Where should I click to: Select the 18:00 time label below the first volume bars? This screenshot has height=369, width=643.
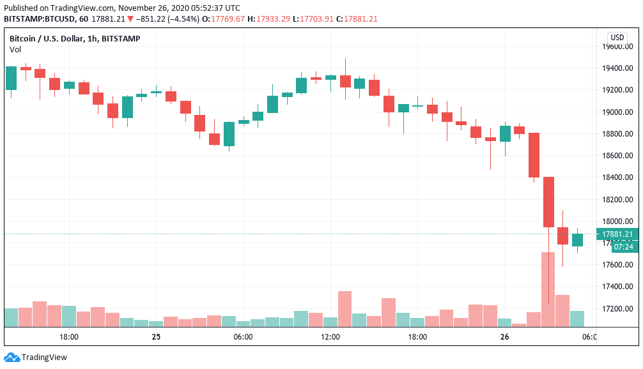pos(68,337)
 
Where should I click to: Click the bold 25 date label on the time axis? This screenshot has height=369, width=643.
pos(156,337)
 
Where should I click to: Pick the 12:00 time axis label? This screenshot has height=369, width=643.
pos(330,337)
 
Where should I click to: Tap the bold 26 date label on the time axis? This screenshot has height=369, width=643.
pos(505,337)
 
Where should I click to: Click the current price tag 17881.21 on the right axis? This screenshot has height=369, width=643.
pos(617,234)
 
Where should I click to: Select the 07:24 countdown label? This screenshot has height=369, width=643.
pos(623,246)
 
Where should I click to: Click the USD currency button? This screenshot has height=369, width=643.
pos(617,37)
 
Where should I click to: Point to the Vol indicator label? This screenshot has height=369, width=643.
pos(15,49)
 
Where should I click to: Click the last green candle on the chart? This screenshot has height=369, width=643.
pos(577,240)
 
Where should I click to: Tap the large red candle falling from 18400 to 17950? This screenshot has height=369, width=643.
pos(548,202)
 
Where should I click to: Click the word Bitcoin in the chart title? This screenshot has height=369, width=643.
pos(24,38)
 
